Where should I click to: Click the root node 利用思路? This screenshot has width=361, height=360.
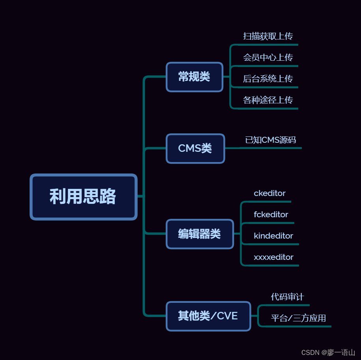[83, 196]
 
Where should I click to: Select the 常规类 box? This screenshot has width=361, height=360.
[194, 76]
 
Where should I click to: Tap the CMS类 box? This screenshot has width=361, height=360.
[195, 148]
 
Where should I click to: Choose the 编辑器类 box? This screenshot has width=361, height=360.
[200, 234]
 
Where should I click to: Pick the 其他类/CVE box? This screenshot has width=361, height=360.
[208, 316]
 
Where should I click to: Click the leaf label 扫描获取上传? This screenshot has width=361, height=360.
[268, 36]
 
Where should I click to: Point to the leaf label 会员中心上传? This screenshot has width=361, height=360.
[268, 58]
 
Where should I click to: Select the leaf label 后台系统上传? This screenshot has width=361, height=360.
[268, 79]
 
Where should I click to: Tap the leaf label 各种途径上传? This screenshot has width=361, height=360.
[268, 100]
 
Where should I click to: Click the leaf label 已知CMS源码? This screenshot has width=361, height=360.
[271, 140]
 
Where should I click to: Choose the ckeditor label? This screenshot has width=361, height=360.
[269, 193]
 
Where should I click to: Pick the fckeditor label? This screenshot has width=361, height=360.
[271, 215]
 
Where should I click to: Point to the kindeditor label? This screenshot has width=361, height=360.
[273, 236]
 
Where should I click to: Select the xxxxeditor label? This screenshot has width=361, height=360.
[273, 257]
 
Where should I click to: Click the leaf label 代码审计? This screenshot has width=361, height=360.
[287, 297]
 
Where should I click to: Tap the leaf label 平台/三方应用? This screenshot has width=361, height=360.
[298, 318]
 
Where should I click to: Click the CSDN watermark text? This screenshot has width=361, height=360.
[328, 353]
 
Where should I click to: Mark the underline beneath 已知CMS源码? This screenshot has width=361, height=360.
[272, 148]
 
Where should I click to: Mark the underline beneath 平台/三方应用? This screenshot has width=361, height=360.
[300, 326]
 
